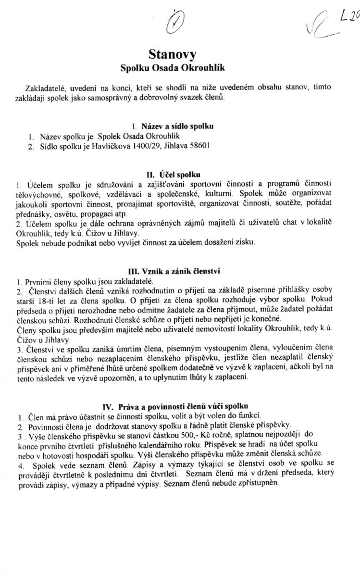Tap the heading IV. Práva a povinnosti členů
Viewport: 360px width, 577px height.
click(180, 399)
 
